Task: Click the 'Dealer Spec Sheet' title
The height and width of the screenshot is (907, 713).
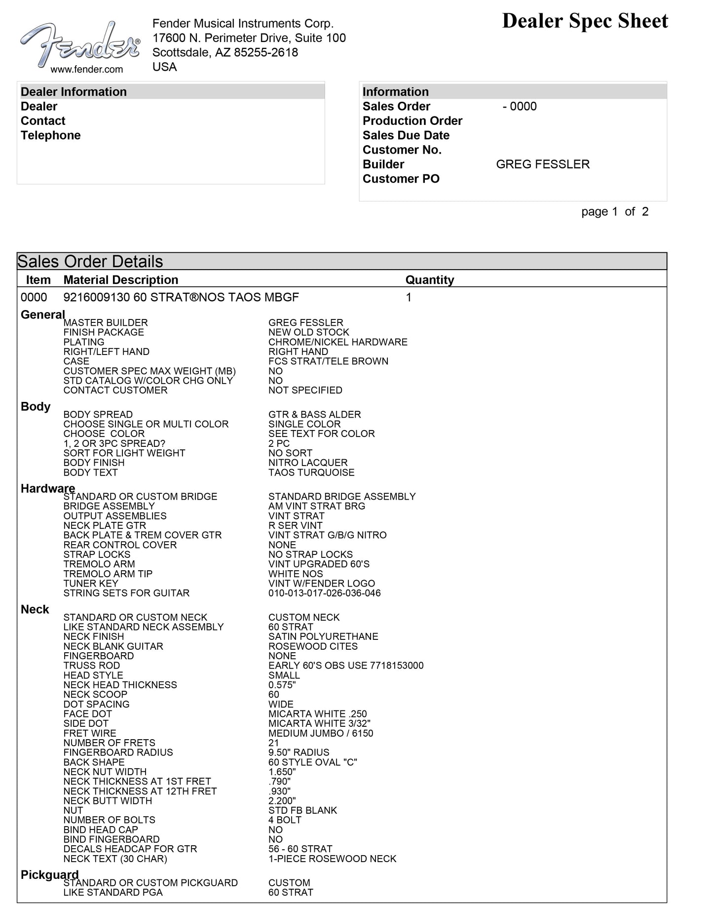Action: [x=585, y=21]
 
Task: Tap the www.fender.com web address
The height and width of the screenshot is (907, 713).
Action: [x=87, y=70]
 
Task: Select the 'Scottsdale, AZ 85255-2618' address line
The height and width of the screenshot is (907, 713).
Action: [x=225, y=52]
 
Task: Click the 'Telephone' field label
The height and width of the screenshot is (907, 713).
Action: [x=50, y=135]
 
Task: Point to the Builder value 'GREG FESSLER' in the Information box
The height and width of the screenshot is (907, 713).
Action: [x=543, y=164]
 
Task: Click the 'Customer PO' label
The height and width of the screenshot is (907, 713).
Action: [x=401, y=179]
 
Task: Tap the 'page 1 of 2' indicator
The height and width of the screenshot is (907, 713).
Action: [x=615, y=212]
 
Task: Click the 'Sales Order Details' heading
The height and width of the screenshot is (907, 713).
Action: [x=90, y=261]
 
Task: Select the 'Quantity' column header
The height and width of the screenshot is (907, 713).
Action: [x=429, y=280]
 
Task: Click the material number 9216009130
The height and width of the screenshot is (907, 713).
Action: [x=96, y=297]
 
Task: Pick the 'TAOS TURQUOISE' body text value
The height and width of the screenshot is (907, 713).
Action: [x=311, y=473]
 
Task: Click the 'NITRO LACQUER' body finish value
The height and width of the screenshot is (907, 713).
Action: [x=308, y=463]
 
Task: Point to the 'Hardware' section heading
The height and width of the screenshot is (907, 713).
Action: [x=48, y=488]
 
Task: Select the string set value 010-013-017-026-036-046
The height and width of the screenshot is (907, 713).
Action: [x=325, y=593]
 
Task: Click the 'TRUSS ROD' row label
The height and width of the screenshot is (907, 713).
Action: [x=91, y=666]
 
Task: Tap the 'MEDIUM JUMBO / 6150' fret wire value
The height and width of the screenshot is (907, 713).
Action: [x=321, y=733]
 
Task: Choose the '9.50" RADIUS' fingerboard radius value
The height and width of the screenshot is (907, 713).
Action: [x=299, y=752]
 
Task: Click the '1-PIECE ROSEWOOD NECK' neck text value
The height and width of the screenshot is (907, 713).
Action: [x=332, y=859]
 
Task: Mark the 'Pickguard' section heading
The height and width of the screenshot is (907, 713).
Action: [x=49, y=874]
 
